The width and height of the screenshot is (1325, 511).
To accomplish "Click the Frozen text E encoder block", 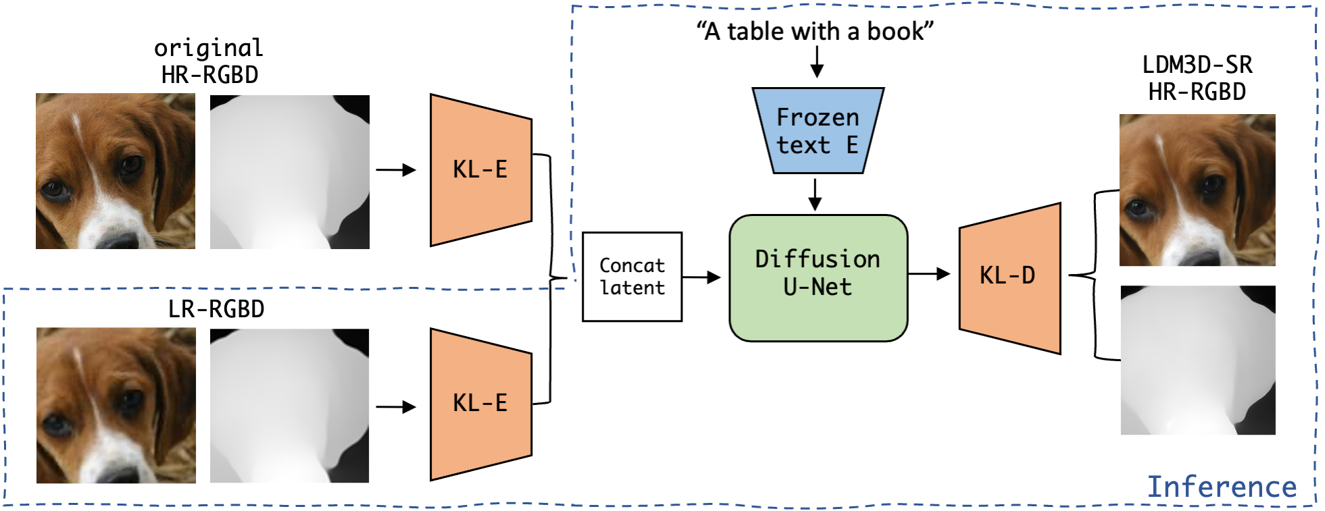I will (818, 131).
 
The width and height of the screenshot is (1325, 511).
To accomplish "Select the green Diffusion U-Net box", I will (818, 277).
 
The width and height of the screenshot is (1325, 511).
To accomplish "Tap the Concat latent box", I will (632, 277).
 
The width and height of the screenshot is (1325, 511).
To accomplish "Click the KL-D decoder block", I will (1009, 277).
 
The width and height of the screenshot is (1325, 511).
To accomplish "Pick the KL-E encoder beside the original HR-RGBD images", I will (480, 169).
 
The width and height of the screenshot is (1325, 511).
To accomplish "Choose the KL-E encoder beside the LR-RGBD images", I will (480, 404).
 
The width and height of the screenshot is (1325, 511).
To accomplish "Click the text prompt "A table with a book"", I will (815, 31).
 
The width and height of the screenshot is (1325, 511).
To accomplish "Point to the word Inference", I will (1222, 487).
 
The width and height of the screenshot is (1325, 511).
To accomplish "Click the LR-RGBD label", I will (216, 309).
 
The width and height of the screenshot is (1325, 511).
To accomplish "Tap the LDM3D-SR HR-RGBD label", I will (1197, 78).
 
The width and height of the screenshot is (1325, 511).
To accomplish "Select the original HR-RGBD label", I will (209, 61).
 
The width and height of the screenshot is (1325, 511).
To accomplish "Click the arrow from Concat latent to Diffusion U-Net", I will (701, 277).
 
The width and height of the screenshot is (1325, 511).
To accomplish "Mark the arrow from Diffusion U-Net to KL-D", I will (929, 274).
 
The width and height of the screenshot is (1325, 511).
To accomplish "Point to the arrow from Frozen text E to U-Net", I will (815, 194).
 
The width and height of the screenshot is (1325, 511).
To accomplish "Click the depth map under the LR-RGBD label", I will (289, 406).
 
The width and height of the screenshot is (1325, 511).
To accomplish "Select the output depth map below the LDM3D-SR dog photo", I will (1197, 360).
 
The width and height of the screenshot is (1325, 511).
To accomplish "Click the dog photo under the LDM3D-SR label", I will (1197, 190).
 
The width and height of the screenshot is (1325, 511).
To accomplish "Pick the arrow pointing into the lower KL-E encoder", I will (396, 407).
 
